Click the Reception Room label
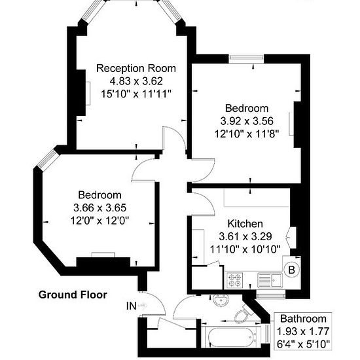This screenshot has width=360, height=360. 136,69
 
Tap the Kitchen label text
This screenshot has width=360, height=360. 245,224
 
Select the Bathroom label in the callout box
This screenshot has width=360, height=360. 303,319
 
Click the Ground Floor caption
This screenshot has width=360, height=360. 73,295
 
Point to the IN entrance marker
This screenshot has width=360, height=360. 132,306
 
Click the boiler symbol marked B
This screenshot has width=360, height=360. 291,270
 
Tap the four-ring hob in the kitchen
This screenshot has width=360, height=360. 234,280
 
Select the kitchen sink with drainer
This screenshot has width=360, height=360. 270,280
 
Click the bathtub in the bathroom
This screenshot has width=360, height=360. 232,337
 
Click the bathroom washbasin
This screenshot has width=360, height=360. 221,300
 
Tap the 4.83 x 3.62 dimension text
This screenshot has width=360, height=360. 136,81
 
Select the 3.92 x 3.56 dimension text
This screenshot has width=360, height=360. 247,121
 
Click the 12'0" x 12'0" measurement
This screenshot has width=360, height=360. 99,221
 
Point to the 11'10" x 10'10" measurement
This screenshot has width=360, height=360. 245,249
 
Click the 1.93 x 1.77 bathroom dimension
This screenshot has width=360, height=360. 303,331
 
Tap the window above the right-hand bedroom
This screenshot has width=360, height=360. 246,58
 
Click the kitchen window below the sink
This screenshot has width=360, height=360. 271,295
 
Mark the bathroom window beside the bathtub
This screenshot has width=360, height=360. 267,333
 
